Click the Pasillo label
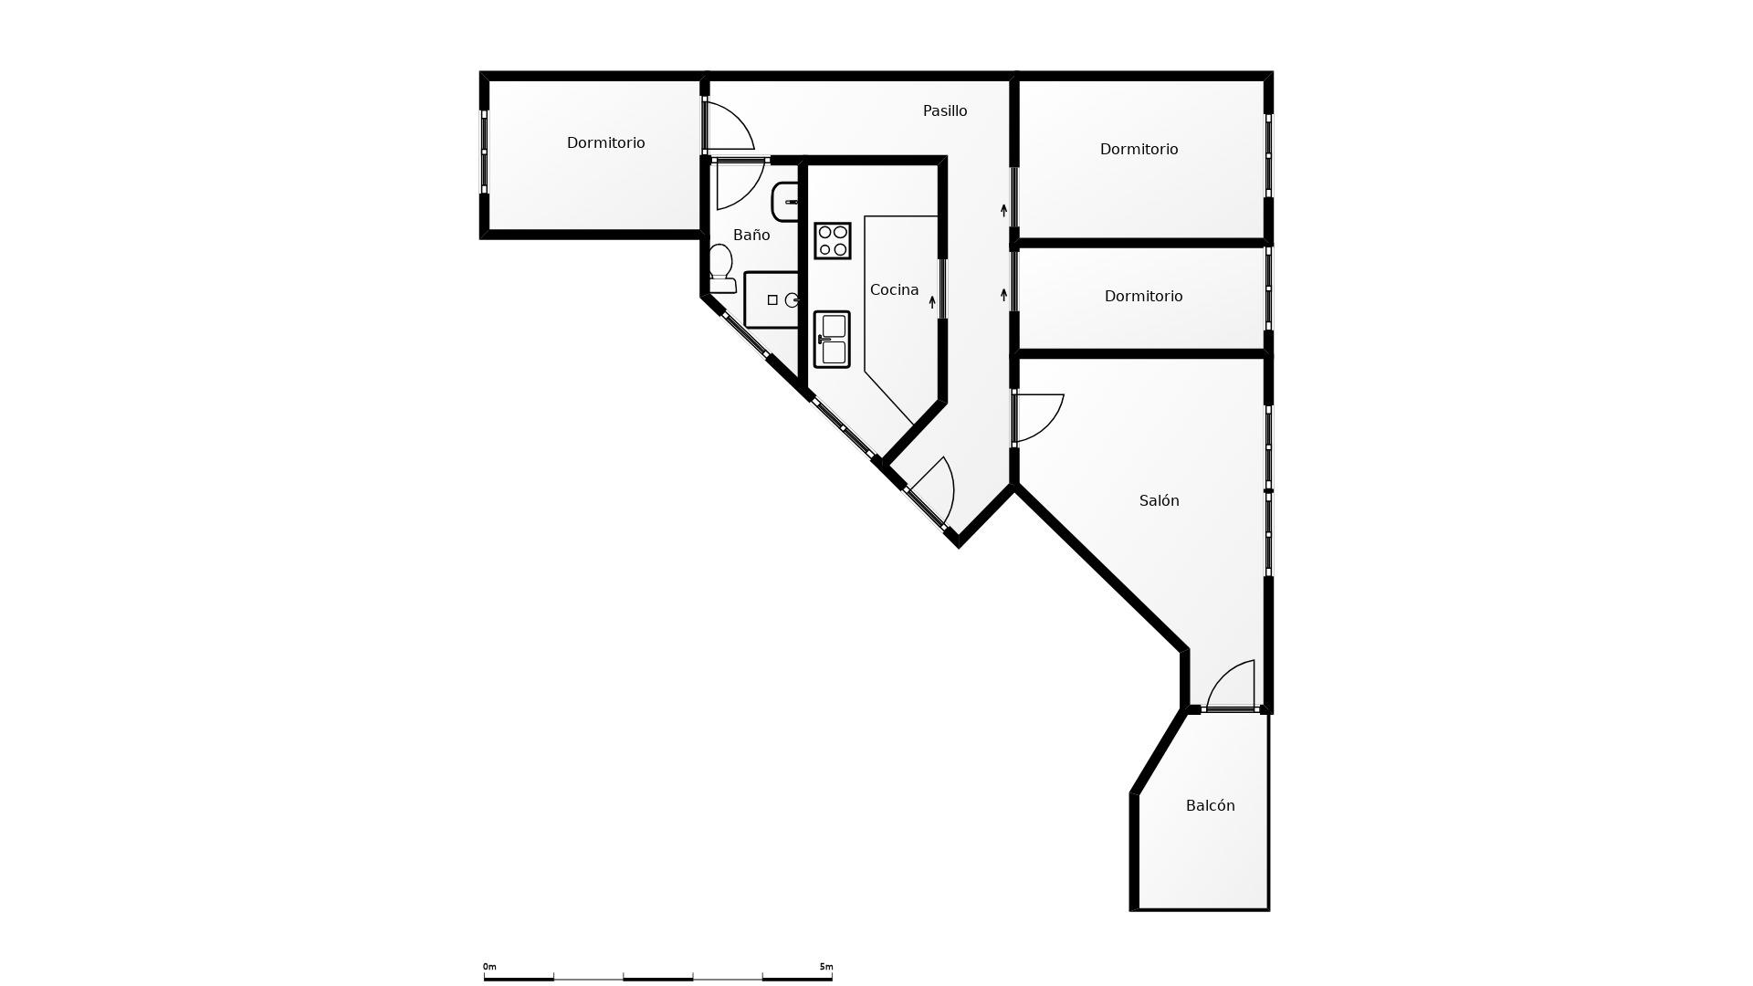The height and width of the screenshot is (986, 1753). [945, 110]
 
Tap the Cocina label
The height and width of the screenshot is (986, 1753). [894, 289]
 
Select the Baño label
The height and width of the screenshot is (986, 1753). [751, 235]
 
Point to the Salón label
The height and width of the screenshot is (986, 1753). [1159, 500]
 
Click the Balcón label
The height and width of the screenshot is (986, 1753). [1210, 805]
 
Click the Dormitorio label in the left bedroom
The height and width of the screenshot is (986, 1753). [605, 142]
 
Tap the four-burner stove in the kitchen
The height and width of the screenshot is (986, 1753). [833, 241]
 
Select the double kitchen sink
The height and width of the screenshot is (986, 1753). [832, 340]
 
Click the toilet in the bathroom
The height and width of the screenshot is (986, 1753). [721, 268]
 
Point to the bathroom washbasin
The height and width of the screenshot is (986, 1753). [784, 202]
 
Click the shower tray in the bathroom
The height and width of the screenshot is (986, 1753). [772, 299]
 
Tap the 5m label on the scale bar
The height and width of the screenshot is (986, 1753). [826, 967]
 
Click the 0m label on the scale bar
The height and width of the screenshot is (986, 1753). [489, 967]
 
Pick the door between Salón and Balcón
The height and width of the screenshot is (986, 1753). [1232, 685]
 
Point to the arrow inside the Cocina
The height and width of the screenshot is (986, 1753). [932, 301]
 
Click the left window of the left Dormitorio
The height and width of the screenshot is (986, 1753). [485, 152]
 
